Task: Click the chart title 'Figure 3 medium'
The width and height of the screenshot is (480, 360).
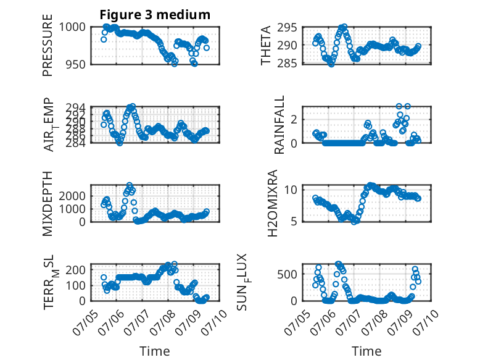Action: click(x=155, y=15)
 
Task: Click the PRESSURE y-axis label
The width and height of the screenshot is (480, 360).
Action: click(x=48, y=45)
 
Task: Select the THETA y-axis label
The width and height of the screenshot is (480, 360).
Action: click(x=266, y=45)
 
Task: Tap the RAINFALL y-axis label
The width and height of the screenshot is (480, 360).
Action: click(x=279, y=125)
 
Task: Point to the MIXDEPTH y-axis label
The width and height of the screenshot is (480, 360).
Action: click(x=48, y=203)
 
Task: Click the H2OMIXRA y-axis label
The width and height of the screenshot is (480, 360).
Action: click(x=273, y=203)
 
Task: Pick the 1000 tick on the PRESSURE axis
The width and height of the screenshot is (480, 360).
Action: click(x=72, y=27)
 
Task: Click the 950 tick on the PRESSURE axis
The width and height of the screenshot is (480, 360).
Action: click(x=76, y=64)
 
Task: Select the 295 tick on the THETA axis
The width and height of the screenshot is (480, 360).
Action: click(x=287, y=28)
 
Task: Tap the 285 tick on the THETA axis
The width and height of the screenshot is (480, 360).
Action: click(x=287, y=64)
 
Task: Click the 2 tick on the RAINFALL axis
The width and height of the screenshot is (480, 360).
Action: click(x=294, y=119)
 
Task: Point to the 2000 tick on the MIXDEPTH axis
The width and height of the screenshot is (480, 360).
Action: click(x=72, y=196)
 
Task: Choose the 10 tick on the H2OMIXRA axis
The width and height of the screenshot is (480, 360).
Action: click(x=291, y=190)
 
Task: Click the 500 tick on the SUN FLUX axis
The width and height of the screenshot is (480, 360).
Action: click(x=287, y=274)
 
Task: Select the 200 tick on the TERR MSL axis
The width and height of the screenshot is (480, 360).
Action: click(x=76, y=270)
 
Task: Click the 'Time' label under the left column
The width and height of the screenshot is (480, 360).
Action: click(x=155, y=351)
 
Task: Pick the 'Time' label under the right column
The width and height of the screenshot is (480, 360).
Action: click(x=366, y=351)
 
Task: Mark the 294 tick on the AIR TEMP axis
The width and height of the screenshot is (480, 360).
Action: click(x=76, y=108)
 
